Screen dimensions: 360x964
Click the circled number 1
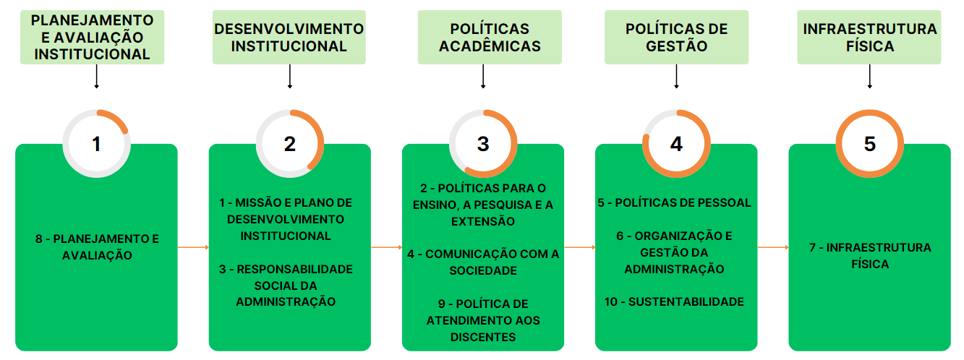pos(96,144)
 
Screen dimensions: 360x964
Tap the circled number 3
pos(483,144)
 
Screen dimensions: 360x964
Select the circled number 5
pos(869,144)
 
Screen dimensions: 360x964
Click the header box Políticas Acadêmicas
pos(490,37)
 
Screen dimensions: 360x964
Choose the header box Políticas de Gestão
pos(677,37)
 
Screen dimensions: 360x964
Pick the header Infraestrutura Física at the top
pos(869,37)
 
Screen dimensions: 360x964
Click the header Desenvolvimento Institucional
pos(289,37)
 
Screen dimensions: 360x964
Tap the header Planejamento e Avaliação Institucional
pos(93,37)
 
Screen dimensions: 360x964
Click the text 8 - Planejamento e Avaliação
pos(96,247)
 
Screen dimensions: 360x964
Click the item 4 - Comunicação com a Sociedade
pos(482,262)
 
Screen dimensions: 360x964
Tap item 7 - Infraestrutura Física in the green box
pos(869,256)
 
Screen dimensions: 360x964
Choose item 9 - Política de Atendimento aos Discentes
pos(482,320)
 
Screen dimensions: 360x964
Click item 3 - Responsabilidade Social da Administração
pos(286,286)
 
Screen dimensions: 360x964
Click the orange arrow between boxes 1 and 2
pos(193,247)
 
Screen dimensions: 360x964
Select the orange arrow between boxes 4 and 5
pos(773,247)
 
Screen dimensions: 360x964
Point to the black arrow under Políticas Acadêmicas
pos(483,77)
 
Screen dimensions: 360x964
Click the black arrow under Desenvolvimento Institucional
pos(290,77)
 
